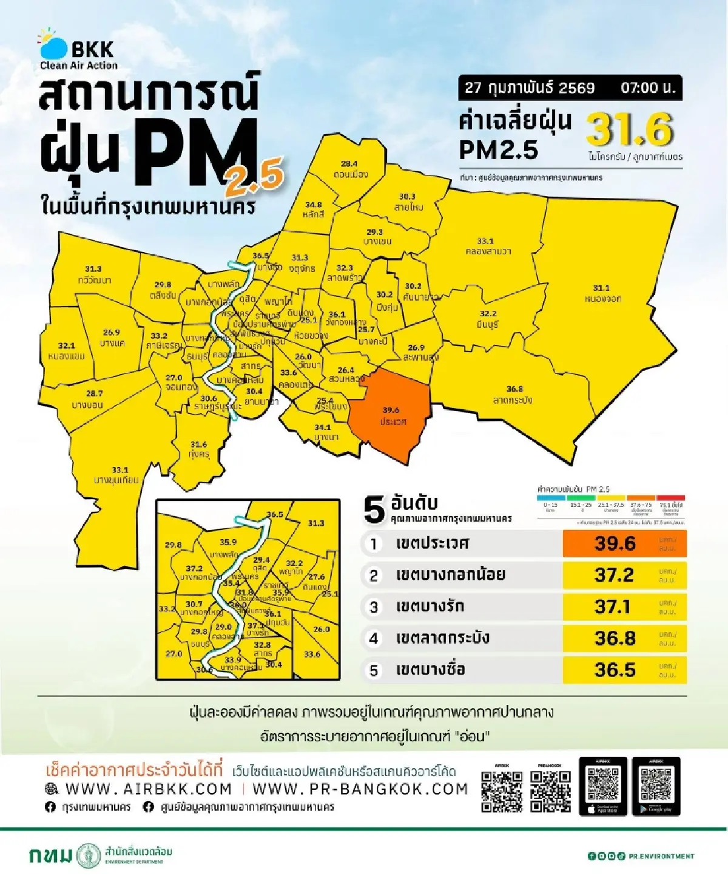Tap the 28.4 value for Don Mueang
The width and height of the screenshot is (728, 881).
click(x=349, y=164)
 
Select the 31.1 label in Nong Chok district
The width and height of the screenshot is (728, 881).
click(x=601, y=288)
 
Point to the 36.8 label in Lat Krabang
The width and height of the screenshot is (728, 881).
click(x=514, y=389)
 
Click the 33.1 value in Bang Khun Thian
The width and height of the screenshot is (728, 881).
click(x=120, y=469)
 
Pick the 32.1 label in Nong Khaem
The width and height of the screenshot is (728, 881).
click(x=66, y=345)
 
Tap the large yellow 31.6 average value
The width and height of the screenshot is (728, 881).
click(x=630, y=129)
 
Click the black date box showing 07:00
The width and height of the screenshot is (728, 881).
click(x=570, y=88)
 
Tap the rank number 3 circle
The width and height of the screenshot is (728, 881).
click(x=374, y=607)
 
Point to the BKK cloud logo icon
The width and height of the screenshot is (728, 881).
click(x=53, y=46)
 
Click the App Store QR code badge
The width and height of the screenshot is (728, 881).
click(x=603, y=786)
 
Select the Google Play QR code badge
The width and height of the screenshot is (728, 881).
click(x=656, y=786)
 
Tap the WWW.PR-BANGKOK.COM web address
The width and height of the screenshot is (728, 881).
click(x=360, y=789)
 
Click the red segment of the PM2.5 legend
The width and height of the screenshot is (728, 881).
click(x=670, y=498)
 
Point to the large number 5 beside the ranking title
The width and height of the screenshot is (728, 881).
click(x=374, y=510)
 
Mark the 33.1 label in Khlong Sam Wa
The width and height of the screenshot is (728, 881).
click(x=485, y=241)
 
